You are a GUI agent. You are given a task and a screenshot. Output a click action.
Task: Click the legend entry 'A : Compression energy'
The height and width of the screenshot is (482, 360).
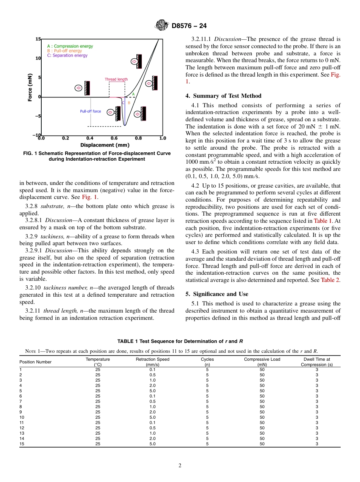[x=70, y=46]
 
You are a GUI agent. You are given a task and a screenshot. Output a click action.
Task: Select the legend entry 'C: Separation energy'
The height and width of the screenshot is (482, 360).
[x=67, y=55]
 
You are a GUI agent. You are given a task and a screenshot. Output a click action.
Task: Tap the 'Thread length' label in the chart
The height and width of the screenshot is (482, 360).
[x=116, y=79]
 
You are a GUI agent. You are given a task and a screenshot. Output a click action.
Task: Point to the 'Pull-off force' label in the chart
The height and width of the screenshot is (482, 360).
[x=91, y=111]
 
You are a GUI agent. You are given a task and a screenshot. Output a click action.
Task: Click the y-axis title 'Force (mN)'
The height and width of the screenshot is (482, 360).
[x=30, y=87]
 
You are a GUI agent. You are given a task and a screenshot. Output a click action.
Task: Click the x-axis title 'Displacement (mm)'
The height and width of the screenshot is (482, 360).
[x=105, y=145]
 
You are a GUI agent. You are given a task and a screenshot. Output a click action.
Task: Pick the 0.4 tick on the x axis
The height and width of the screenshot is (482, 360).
[x=90, y=138]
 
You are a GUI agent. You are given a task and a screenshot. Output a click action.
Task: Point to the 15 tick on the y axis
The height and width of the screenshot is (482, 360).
[x=38, y=39]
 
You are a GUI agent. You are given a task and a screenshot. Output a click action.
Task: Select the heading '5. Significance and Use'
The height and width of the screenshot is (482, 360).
[x=217, y=294]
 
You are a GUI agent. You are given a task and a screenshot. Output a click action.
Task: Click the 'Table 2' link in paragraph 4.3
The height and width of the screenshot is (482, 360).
[x=330, y=280]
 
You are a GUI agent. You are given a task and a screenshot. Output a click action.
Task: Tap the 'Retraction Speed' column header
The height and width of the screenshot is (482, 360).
[x=152, y=359]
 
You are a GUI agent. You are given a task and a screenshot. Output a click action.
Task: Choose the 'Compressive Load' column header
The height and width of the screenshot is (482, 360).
[x=262, y=359]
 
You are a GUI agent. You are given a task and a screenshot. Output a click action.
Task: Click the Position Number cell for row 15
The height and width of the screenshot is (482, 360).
[x=22, y=444]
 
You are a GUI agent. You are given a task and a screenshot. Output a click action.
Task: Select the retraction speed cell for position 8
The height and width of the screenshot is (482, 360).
[x=152, y=407]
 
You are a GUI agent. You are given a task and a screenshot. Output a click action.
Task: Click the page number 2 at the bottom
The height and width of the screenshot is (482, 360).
[x=180, y=466]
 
